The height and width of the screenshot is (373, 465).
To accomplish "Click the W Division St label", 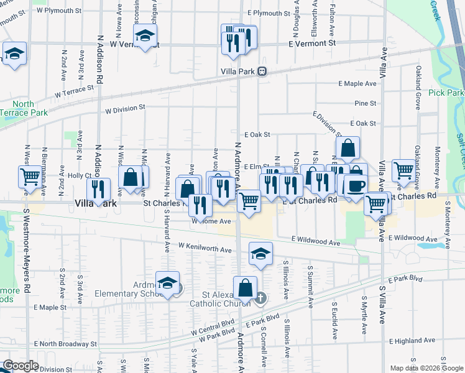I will tap(125, 108).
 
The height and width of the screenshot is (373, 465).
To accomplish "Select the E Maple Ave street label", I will tap(357, 83).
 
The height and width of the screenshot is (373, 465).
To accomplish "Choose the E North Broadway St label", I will tap(65, 343).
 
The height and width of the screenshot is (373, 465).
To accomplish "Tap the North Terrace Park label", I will tap(24, 109).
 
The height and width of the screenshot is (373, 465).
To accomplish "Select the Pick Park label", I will tap(446, 93).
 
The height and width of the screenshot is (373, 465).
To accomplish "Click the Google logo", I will tap(21, 366).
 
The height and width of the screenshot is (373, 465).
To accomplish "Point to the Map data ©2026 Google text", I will tap(426, 368).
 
